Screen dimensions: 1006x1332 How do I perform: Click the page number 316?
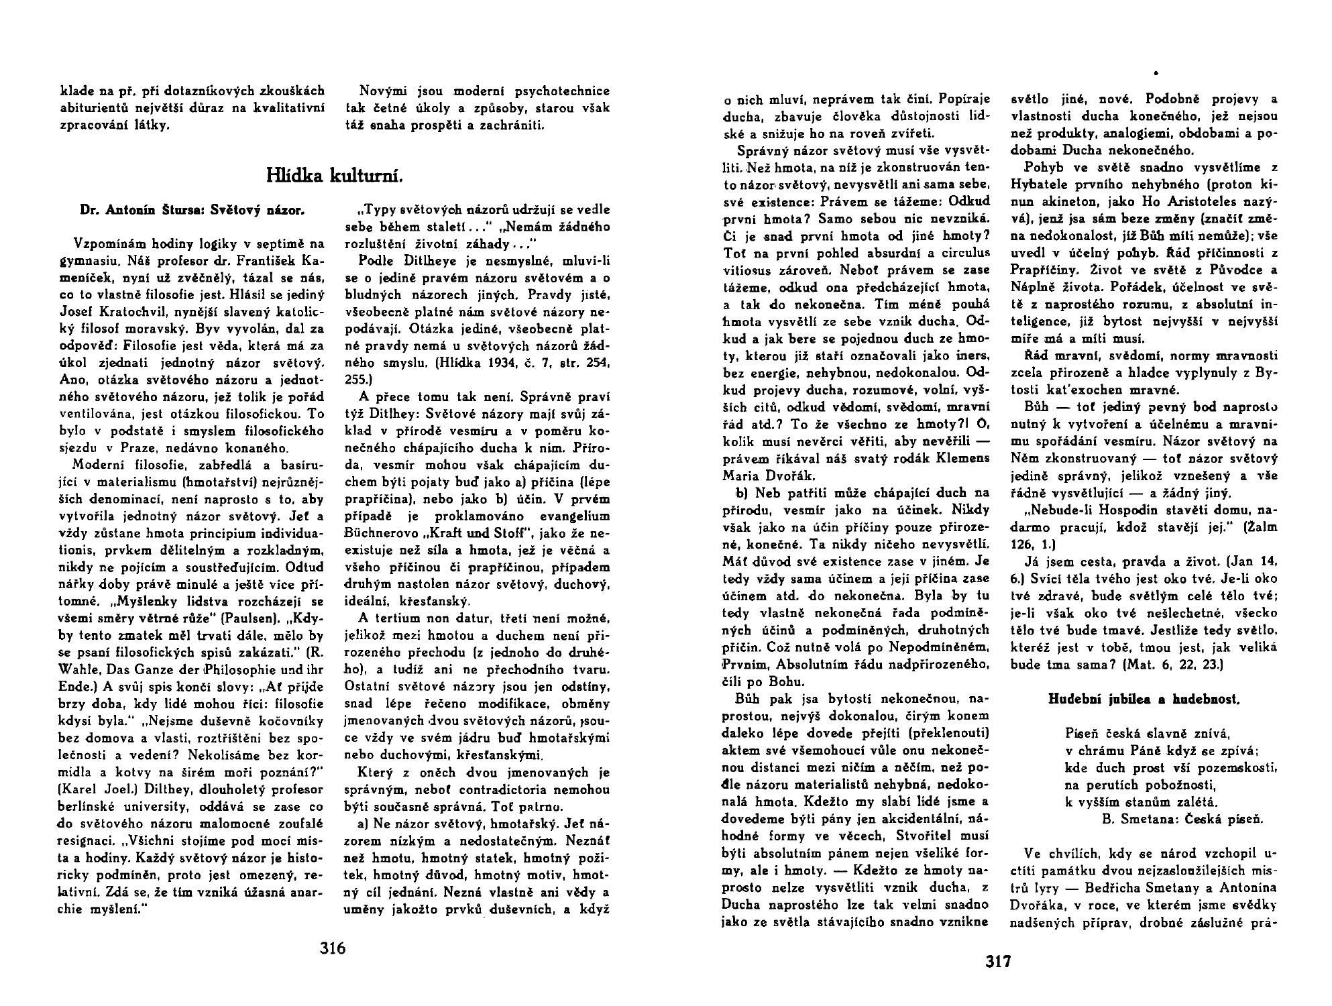tap(333, 948)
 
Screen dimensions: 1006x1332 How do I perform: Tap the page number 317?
tap(998, 962)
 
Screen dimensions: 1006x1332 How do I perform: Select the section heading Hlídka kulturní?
tap(335, 176)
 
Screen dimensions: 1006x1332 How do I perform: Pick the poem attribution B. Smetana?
tap(1137, 818)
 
